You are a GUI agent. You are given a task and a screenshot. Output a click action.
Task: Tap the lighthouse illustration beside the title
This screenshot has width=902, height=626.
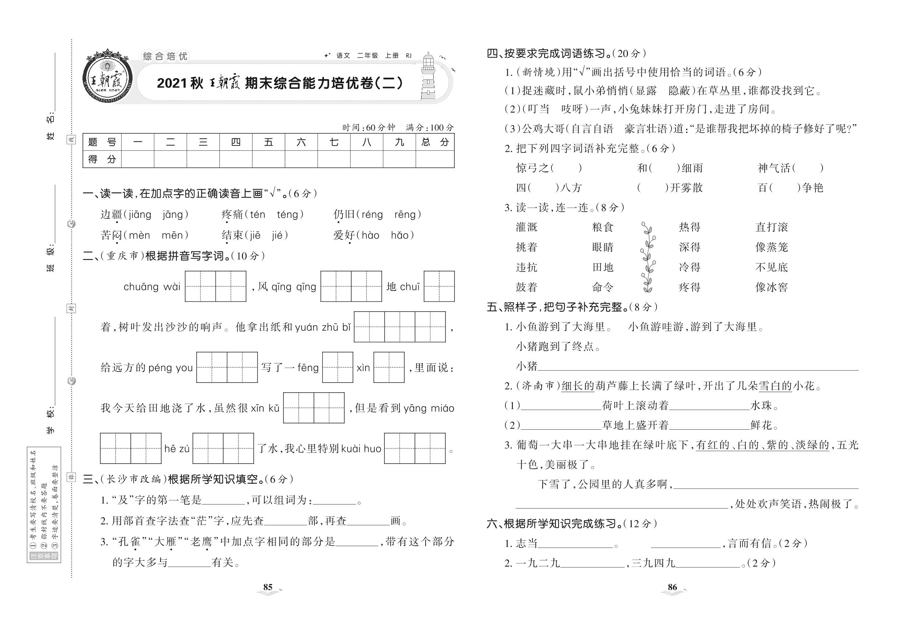click(x=428, y=77)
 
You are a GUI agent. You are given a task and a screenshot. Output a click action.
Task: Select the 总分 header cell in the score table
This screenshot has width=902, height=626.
click(x=434, y=142)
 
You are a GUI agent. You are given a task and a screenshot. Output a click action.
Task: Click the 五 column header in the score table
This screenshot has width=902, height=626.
click(x=268, y=142)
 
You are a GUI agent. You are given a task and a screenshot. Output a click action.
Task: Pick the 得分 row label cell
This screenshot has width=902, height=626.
click(x=102, y=159)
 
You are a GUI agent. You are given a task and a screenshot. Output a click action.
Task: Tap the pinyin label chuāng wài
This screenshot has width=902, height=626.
click(x=152, y=287)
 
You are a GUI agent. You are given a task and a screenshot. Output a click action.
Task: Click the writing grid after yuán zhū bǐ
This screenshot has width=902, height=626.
click(x=399, y=327)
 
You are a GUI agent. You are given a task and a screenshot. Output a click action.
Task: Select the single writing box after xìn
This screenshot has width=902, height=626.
click(x=389, y=367)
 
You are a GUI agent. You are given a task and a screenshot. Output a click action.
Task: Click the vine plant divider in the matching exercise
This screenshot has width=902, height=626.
click(x=648, y=257)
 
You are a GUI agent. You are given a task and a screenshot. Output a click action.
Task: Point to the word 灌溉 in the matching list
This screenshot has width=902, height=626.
click(x=526, y=228)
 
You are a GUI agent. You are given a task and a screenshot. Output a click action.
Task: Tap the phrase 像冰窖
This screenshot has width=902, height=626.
click(x=771, y=288)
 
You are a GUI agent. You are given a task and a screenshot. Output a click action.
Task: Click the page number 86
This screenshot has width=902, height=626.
click(x=672, y=587)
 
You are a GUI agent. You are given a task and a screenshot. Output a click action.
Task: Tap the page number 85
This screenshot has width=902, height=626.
click(x=268, y=587)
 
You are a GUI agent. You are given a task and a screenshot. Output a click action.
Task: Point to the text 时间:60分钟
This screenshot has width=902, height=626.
click(x=368, y=128)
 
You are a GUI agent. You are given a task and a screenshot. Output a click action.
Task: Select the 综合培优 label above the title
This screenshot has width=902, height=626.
click(x=165, y=56)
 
